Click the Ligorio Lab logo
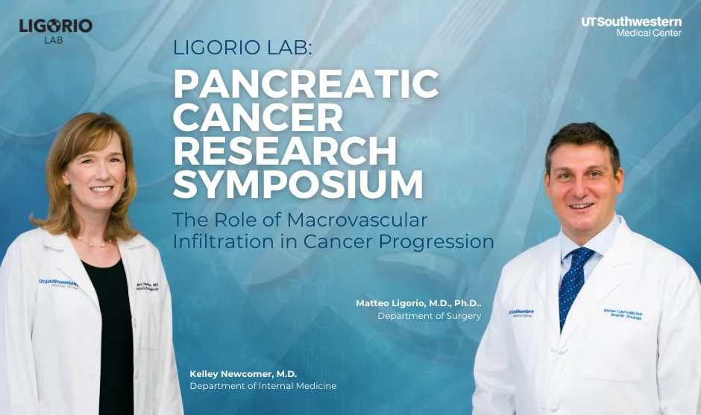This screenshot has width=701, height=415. (56, 30)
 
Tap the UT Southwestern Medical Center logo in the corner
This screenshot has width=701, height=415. (631, 27)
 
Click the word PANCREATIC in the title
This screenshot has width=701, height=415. (306, 87)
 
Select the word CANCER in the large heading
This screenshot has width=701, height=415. (258, 119)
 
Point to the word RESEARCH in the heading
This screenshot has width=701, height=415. (285, 151)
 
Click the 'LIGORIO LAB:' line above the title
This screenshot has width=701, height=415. (244, 48)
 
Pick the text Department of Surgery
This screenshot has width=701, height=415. (429, 316)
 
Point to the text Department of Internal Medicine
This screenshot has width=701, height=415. (263, 386)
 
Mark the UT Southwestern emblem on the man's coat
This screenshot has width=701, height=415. (521, 312)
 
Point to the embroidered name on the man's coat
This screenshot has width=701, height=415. (623, 314)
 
